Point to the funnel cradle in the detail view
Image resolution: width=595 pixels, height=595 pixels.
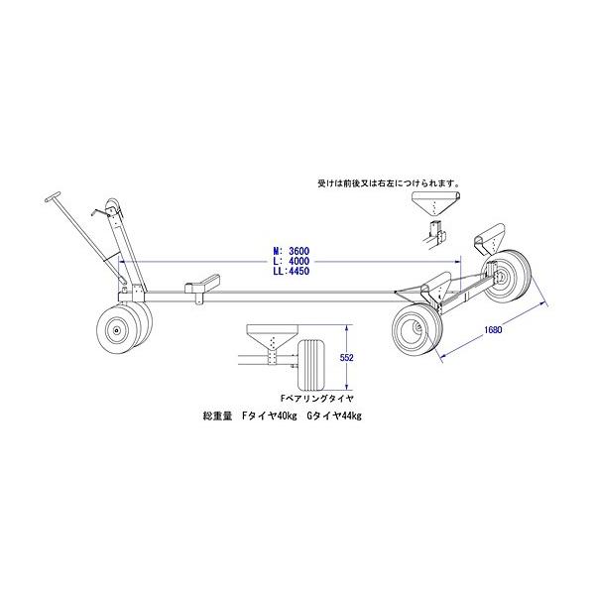click(x=267, y=337)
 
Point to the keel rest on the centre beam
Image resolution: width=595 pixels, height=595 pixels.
click(x=201, y=285)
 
